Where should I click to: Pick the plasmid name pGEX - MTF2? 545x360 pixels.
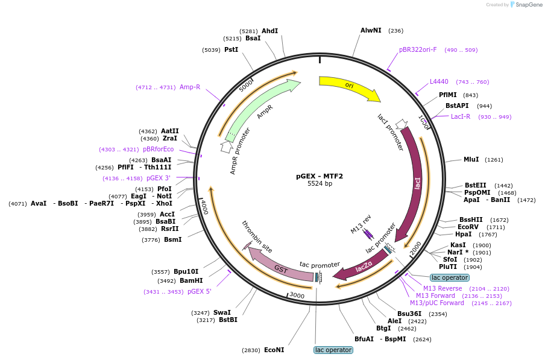tap(320, 176)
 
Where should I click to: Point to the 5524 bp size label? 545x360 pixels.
tap(320, 183)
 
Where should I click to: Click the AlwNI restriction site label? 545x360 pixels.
tap(371, 31)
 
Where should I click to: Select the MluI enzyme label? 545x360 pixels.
tap(471, 160)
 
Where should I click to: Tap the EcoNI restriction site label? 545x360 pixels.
tap(274, 350)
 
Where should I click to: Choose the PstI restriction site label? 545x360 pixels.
tap(231, 49)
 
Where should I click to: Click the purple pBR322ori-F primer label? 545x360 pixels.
tap(418, 49)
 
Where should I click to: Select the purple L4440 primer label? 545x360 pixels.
tap(439, 81)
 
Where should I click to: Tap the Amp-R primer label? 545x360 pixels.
tap(190, 87)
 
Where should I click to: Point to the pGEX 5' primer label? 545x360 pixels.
tap(200, 291)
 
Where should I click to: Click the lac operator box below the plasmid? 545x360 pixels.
tap(333, 350)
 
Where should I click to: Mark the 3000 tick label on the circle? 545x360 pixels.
tap(297, 295)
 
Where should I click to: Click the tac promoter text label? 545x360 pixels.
tap(320, 265)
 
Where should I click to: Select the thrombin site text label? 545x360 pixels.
tap(257, 236)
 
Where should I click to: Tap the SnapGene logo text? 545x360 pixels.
tap(529, 4)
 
